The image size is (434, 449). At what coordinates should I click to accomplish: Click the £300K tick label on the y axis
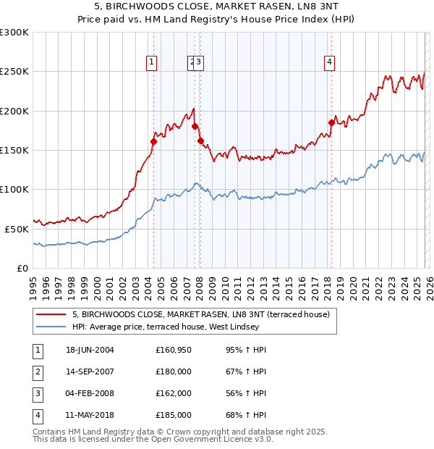(14, 33)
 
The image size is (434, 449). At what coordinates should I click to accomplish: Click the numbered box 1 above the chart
(152, 63)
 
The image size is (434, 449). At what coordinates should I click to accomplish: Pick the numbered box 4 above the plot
(329, 63)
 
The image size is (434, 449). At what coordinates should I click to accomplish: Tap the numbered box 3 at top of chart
(199, 63)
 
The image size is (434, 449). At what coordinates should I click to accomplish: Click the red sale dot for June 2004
(153, 142)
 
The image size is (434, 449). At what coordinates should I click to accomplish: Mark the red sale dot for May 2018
(331, 123)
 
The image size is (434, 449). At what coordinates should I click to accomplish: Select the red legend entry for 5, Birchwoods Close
(201, 314)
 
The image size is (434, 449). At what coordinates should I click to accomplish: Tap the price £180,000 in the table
(173, 372)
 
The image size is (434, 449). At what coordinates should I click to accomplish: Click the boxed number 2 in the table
(37, 372)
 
